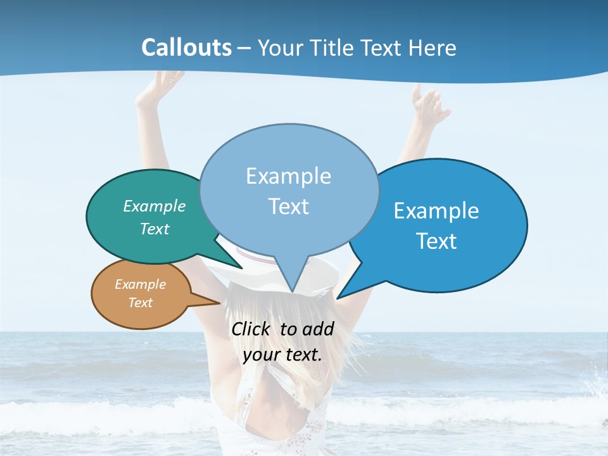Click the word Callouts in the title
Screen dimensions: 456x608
click(x=186, y=47)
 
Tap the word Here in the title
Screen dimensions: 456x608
click(x=433, y=47)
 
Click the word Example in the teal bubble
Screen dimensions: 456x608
click(x=155, y=206)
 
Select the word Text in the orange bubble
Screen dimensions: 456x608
click(x=141, y=303)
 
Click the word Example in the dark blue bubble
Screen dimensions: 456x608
click(x=436, y=211)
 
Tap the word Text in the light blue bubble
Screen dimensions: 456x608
click(x=289, y=206)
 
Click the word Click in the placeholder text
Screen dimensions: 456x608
click(x=251, y=329)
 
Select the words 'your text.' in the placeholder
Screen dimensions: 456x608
click(x=282, y=354)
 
